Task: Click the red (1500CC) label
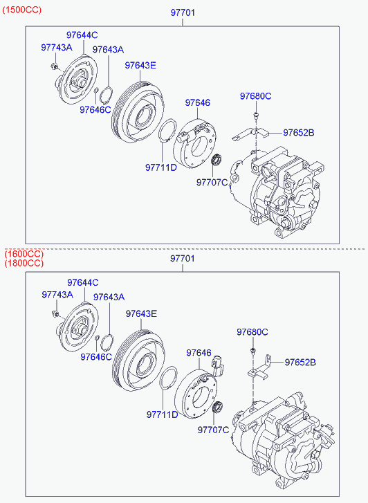pos(22,10)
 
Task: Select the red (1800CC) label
pos(24,264)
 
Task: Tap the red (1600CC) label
pos(24,254)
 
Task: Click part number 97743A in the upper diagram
pos(57,48)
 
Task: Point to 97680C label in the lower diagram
pos(252,332)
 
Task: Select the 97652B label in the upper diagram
pos(299,132)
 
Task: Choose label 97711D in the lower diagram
pos(162,414)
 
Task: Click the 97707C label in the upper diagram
pos(212,183)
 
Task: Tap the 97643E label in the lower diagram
pos(141,313)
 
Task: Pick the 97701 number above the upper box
pos(183,12)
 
